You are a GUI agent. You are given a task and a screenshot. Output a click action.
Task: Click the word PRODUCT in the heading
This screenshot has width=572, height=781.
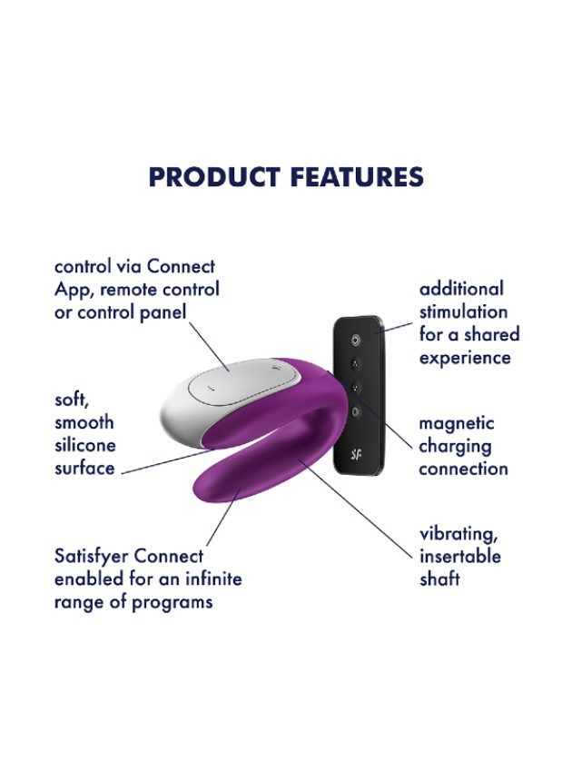(214, 177)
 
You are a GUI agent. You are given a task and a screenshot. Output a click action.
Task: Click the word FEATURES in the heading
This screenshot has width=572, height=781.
(357, 177)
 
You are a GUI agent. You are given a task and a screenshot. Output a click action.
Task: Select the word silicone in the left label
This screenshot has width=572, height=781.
(85, 445)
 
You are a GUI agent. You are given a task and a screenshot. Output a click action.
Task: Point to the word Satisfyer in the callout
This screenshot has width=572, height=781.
(91, 556)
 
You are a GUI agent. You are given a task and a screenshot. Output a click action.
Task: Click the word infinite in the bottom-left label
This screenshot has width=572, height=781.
(213, 578)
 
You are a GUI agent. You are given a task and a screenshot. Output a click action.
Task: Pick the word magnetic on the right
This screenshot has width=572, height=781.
(457, 423)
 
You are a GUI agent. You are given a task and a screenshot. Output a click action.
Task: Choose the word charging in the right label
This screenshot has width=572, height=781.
(455, 446)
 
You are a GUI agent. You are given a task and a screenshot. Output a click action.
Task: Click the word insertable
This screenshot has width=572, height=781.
(460, 556)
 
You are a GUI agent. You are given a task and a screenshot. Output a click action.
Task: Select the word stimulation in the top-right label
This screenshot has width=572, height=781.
(463, 311)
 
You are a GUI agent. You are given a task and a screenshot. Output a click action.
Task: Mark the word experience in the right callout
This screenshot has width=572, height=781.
(465, 358)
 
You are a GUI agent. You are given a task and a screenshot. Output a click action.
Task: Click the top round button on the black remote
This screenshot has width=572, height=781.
(354, 341)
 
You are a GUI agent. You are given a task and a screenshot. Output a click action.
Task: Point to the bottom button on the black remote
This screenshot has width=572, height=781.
(355, 410)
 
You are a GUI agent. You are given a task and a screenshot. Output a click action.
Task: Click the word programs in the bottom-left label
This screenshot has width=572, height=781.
(172, 602)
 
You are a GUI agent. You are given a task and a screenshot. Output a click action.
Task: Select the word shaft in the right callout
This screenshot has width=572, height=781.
(439, 579)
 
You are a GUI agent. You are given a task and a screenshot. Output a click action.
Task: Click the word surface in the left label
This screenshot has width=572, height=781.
(84, 469)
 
